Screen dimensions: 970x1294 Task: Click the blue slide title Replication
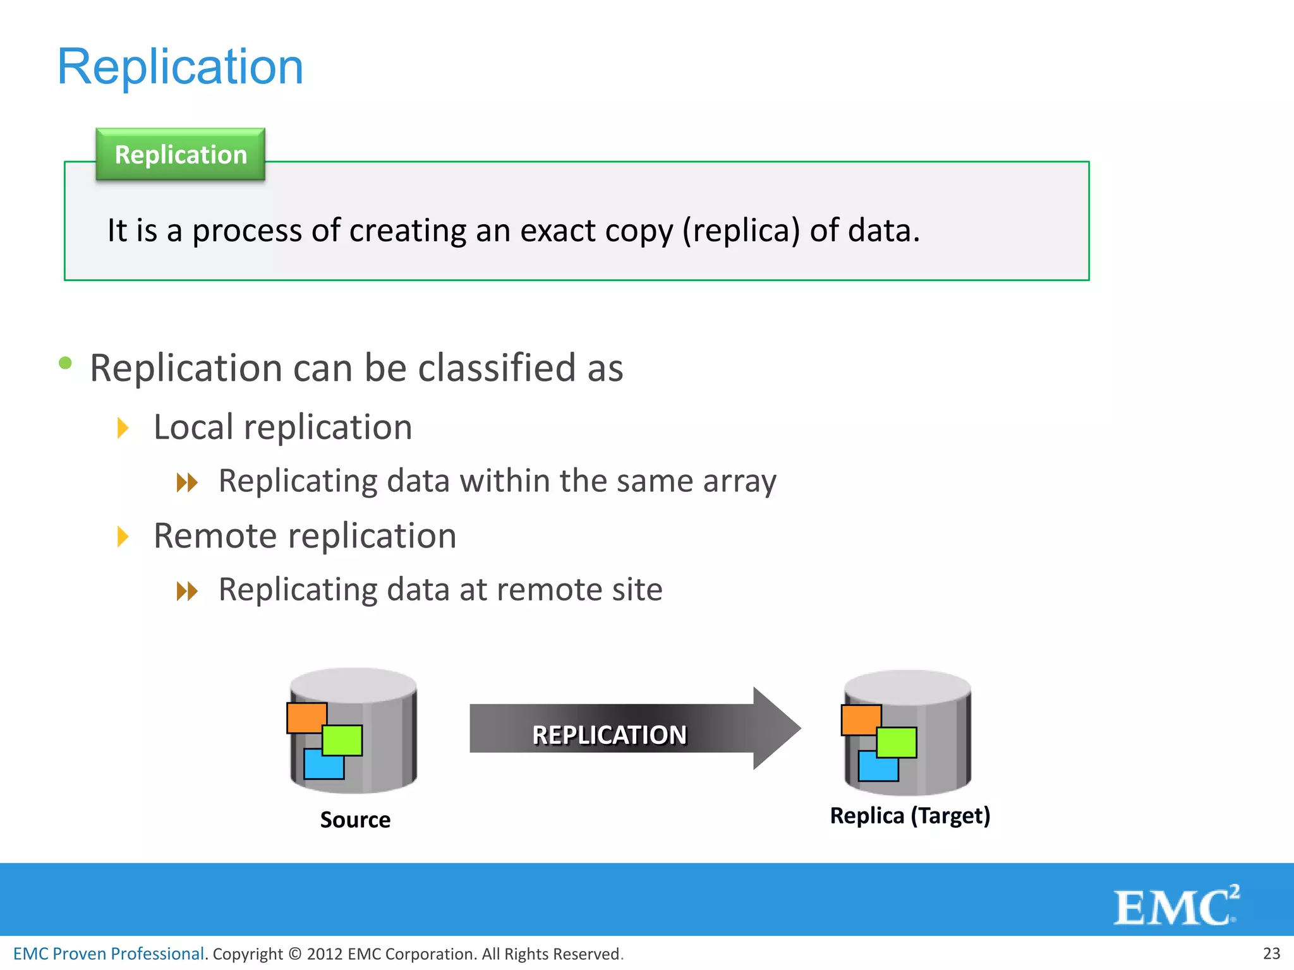pyautogui.click(x=180, y=67)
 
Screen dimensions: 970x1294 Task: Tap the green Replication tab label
pyautogui.click(x=181, y=155)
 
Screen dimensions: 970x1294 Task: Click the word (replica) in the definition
pyautogui.click(x=741, y=231)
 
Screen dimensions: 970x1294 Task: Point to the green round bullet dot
pyautogui.click(x=65, y=362)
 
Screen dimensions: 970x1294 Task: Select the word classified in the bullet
pyautogui.click(x=497, y=368)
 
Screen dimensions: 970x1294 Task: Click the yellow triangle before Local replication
pyautogui.click(x=123, y=428)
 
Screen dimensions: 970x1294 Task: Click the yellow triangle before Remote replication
pyautogui.click(x=123, y=537)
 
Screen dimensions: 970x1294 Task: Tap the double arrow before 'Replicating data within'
pyautogui.click(x=187, y=483)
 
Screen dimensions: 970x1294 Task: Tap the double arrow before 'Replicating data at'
pyautogui.click(x=187, y=592)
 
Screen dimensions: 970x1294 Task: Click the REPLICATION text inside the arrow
pyautogui.click(x=609, y=735)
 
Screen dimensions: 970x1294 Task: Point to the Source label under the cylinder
pyautogui.click(x=355, y=820)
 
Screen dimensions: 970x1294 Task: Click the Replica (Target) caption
pyautogui.click(x=910, y=816)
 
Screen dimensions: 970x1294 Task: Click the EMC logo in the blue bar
pyautogui.click(x=1175, y=906)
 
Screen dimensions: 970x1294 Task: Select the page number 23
pyautogui.click(x=1271, y=954)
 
